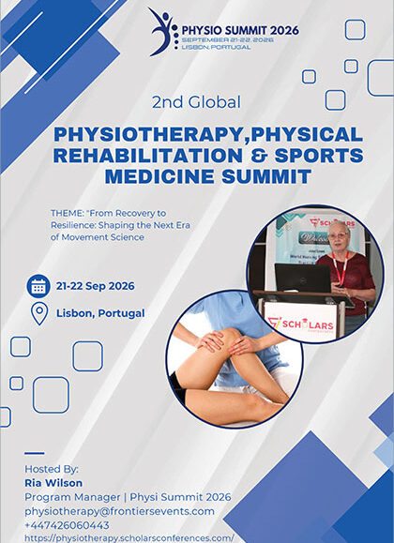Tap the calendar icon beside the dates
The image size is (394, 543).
point(38,285)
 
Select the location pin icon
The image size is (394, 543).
point(38,313)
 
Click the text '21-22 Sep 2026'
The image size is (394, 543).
point(96,286)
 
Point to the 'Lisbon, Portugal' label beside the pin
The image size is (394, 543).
point(100,313)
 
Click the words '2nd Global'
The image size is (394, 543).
point(196,100)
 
